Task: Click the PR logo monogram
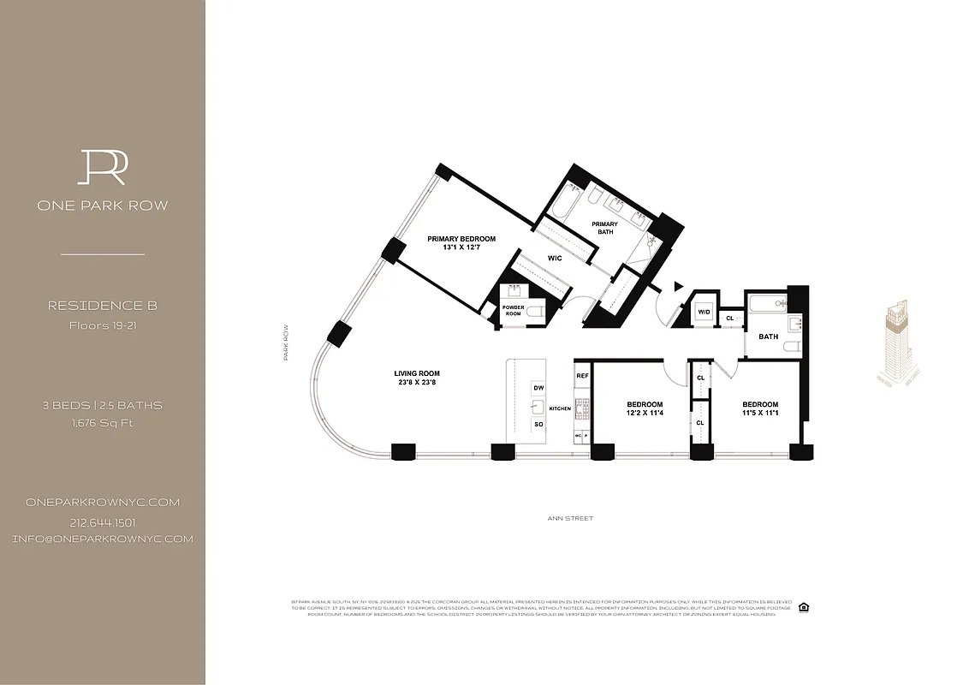coord(102,167)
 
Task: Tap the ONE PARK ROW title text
coord(102,205)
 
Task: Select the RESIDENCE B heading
coord(102,306)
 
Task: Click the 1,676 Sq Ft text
coord(102,422)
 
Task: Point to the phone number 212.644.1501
coord(102,522)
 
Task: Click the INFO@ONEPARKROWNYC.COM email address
coord(102,539)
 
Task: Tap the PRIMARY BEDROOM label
coord(461,239)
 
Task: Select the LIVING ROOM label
coord(417,373)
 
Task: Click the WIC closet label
coord(555,257)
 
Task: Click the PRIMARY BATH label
coord(604,229)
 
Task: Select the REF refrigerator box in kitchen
coord(582,376)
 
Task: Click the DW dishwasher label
coord(538,388)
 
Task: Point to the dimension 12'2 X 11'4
coord(644,415)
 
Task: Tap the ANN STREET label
coord(570,518)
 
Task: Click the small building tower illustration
coord(900,342)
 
